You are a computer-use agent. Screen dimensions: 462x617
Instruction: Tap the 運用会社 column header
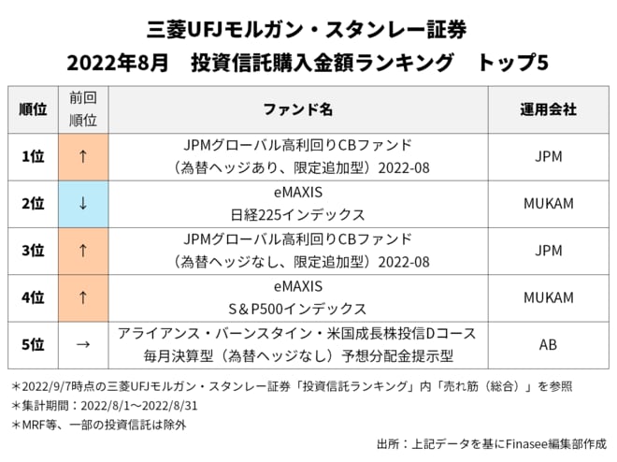click(549, 109)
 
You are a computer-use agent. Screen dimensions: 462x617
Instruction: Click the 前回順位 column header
click(83, 109)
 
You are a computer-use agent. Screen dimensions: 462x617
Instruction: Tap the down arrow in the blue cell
click(83, 204)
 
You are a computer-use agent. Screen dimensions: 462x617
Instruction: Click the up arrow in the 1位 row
click(83, 156)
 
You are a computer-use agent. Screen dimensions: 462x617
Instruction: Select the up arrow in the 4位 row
click(83, 297)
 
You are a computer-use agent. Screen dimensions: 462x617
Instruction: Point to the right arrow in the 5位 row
click(83, 344)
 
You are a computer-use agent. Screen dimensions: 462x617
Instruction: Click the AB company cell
click(549, 344)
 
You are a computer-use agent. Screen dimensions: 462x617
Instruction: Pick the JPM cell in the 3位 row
click(549, 251)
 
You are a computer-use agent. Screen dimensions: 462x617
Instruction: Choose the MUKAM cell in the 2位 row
click(549, 204)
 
